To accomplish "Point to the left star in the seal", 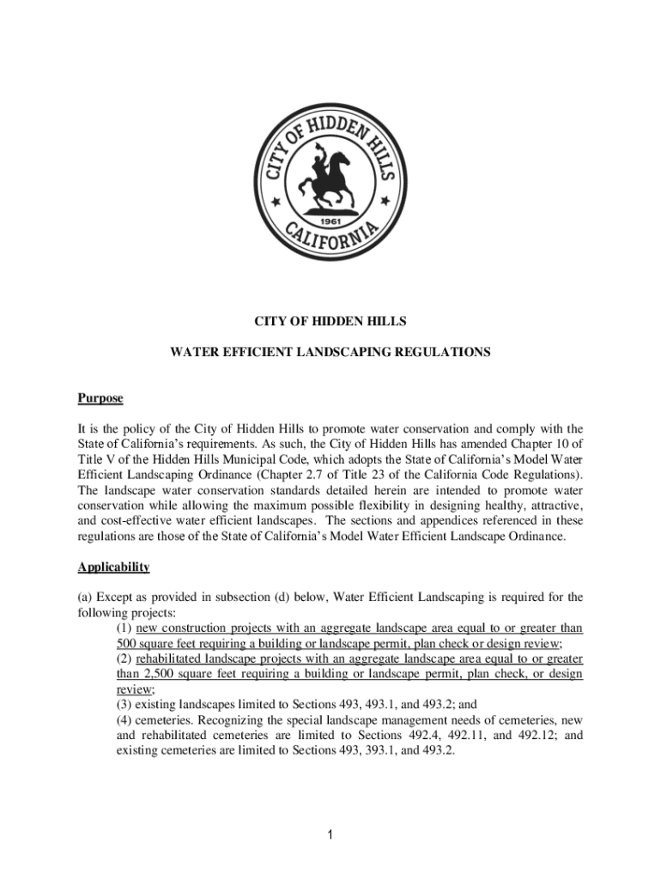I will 276,203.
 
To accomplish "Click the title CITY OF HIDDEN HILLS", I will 330,322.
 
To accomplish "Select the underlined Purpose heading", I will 100,398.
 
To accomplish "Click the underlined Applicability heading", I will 113,567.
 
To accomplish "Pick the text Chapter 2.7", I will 339,475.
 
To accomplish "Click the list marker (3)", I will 125,705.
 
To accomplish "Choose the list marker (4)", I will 125,720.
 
